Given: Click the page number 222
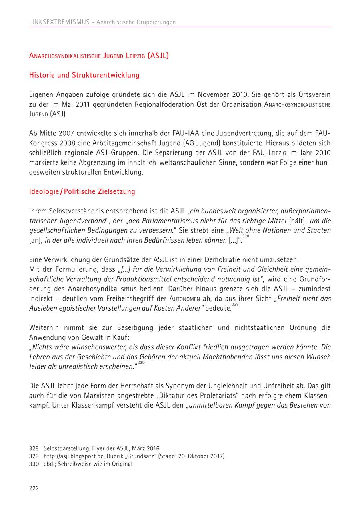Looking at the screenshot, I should point(34,488).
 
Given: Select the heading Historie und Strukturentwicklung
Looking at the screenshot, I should point(84,75).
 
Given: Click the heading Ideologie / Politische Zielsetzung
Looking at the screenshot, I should point(82,191).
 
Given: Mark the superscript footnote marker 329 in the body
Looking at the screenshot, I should point(235,305).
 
